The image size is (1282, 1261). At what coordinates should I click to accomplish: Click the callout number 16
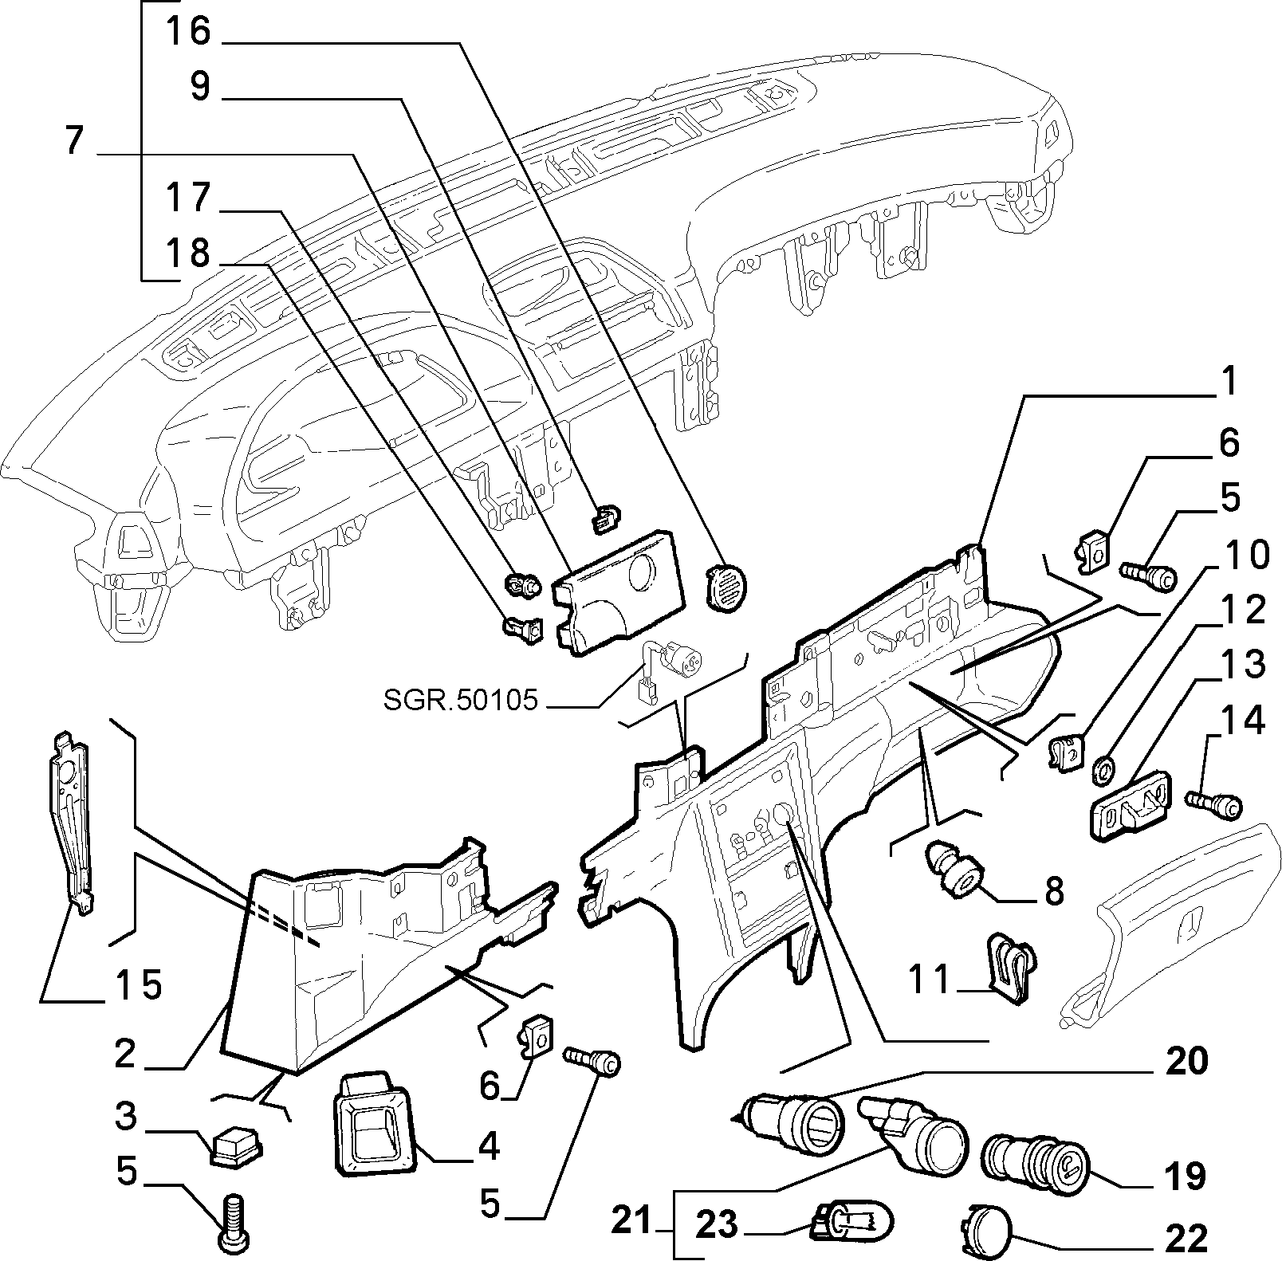tap(188, 32)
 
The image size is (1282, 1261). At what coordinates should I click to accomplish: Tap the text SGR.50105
tap(461, 701)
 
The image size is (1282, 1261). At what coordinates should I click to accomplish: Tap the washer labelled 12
tap(1101, 768)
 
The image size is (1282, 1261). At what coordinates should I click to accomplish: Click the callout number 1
tap(1229, 383)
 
